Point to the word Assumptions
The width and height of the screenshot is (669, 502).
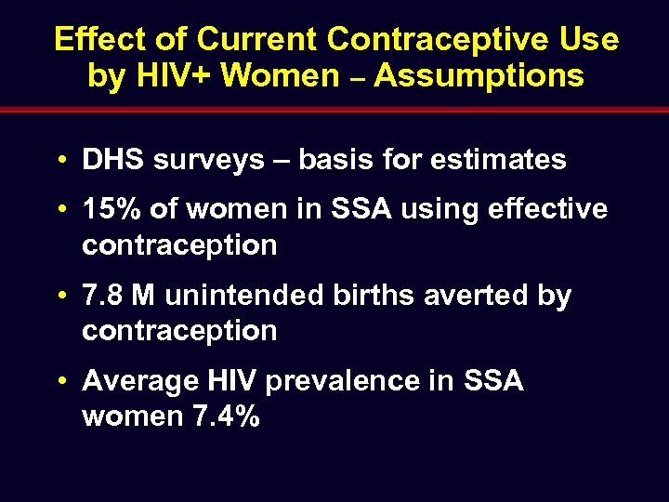(x=479, y=75)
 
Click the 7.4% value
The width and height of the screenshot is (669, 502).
(x=226, y=416)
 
